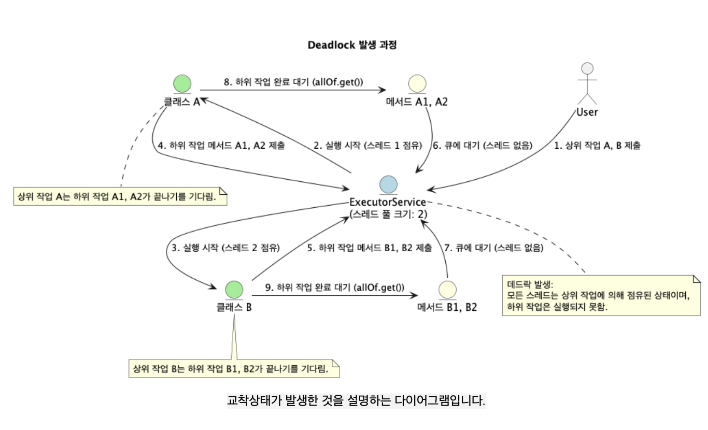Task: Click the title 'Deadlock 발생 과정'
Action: tap(352, 45)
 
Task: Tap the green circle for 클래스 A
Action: tap(182, 84)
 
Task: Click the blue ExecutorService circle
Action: tap(388, 184)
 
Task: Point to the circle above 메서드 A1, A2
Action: tap(417, 84)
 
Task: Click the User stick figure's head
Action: tap(587, 69)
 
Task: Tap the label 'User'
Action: tap(587, 112)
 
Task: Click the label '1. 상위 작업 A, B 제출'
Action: tap(597, 146)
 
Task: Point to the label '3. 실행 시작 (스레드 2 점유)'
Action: tap(225, 248)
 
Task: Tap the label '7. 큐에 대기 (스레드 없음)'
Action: tap(493, 248)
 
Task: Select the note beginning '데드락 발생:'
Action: tap(601, 295)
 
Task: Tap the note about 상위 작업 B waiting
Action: tap(234, 369)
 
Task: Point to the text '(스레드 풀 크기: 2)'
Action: tap(388, 213)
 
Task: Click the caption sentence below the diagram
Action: tap(357, 400)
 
